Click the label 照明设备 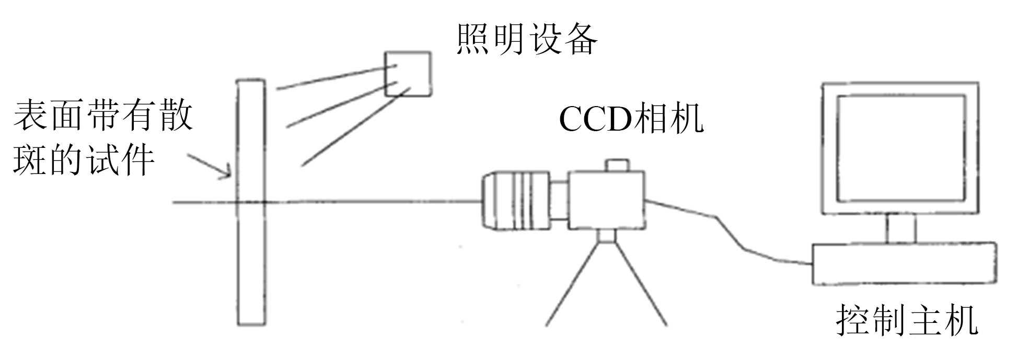tap(526, 39)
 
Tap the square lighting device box tap(408, 74)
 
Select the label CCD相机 tap(631, 119)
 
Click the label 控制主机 tap(907, 320)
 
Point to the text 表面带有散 tap(103, 116)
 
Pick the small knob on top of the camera tap(617, 165)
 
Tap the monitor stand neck tap(900, 229)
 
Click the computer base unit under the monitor tap(904, 264)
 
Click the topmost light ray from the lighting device tap(334, 77)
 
